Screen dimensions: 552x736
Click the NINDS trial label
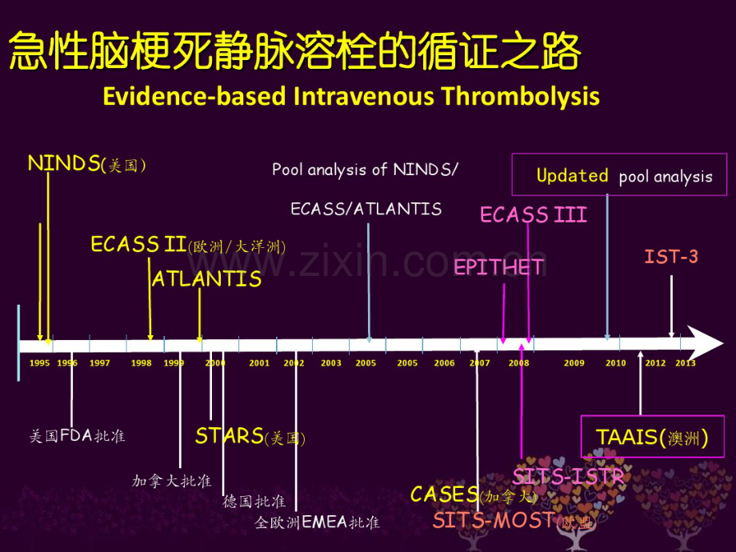(x=86, y=165)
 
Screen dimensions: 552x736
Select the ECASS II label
(x=187, y=245)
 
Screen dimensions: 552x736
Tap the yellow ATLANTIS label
(x=206, y=279)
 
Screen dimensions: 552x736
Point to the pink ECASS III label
(x=533, y=214)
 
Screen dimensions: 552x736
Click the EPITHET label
(x=498, y=267)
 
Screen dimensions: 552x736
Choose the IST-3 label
(x=671, y=257)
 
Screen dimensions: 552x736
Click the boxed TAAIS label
(x=651, y=438)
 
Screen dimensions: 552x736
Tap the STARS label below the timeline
(x=250, y=436)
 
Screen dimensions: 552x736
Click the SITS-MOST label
(x=514, y=521)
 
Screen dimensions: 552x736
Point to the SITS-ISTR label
(x=568, y=477)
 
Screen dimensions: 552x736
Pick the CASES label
(x=474, y=495)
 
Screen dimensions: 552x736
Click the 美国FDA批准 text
(x=77, y=436)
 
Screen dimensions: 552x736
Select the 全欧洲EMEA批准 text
(x=317, y=522)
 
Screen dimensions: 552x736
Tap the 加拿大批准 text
(x=171, y=481)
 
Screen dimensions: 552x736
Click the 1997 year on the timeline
(x=100, y=363)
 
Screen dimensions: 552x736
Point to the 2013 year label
(x=685, y=363)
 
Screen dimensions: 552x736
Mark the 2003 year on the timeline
(x=330, y=363)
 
